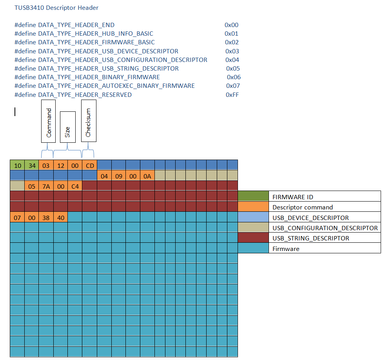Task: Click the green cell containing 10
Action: click(x=17, y=165)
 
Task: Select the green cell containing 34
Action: click(x=32, y=165)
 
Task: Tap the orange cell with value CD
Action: click(x=90, y=165)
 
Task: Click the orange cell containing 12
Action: click(x=60, y=165)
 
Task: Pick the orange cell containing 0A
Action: click(x=147, y=176)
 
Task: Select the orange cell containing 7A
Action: click(x=46, y=186)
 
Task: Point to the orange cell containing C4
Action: click(x=75, y=186)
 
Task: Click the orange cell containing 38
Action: click(x=46, y=217)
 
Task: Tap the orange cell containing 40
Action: click(x=60, y=217)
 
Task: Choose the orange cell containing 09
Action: click(x=118, y=176)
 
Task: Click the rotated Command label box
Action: click(x=49, y=121)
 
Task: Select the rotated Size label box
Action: click(x=67, y=127)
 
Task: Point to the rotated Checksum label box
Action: click(x=89, y=121)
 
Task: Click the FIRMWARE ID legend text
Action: click(x=293, y=197)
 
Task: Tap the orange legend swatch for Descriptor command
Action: click(x=253, y=207)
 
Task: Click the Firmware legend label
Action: click(x=286, y=249)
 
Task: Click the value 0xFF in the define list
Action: click(x=232, y=95)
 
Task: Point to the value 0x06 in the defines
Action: click(x=234, y=77)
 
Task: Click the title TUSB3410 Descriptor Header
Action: click(x=56, y=8)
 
